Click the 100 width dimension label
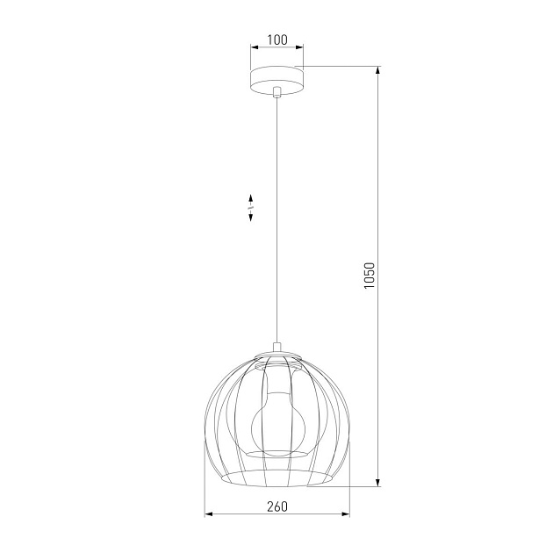point(277,39)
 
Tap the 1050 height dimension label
point(370,275)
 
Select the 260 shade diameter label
point(276,506)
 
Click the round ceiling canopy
point(276,77)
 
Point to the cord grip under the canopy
point(276,91)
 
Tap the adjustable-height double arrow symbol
point(250,207)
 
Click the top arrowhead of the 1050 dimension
point(378,70)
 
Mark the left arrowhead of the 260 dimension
point(208,513)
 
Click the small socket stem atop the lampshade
point(276,348)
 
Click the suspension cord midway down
point(276,219)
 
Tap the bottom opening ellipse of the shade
point(276,479)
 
